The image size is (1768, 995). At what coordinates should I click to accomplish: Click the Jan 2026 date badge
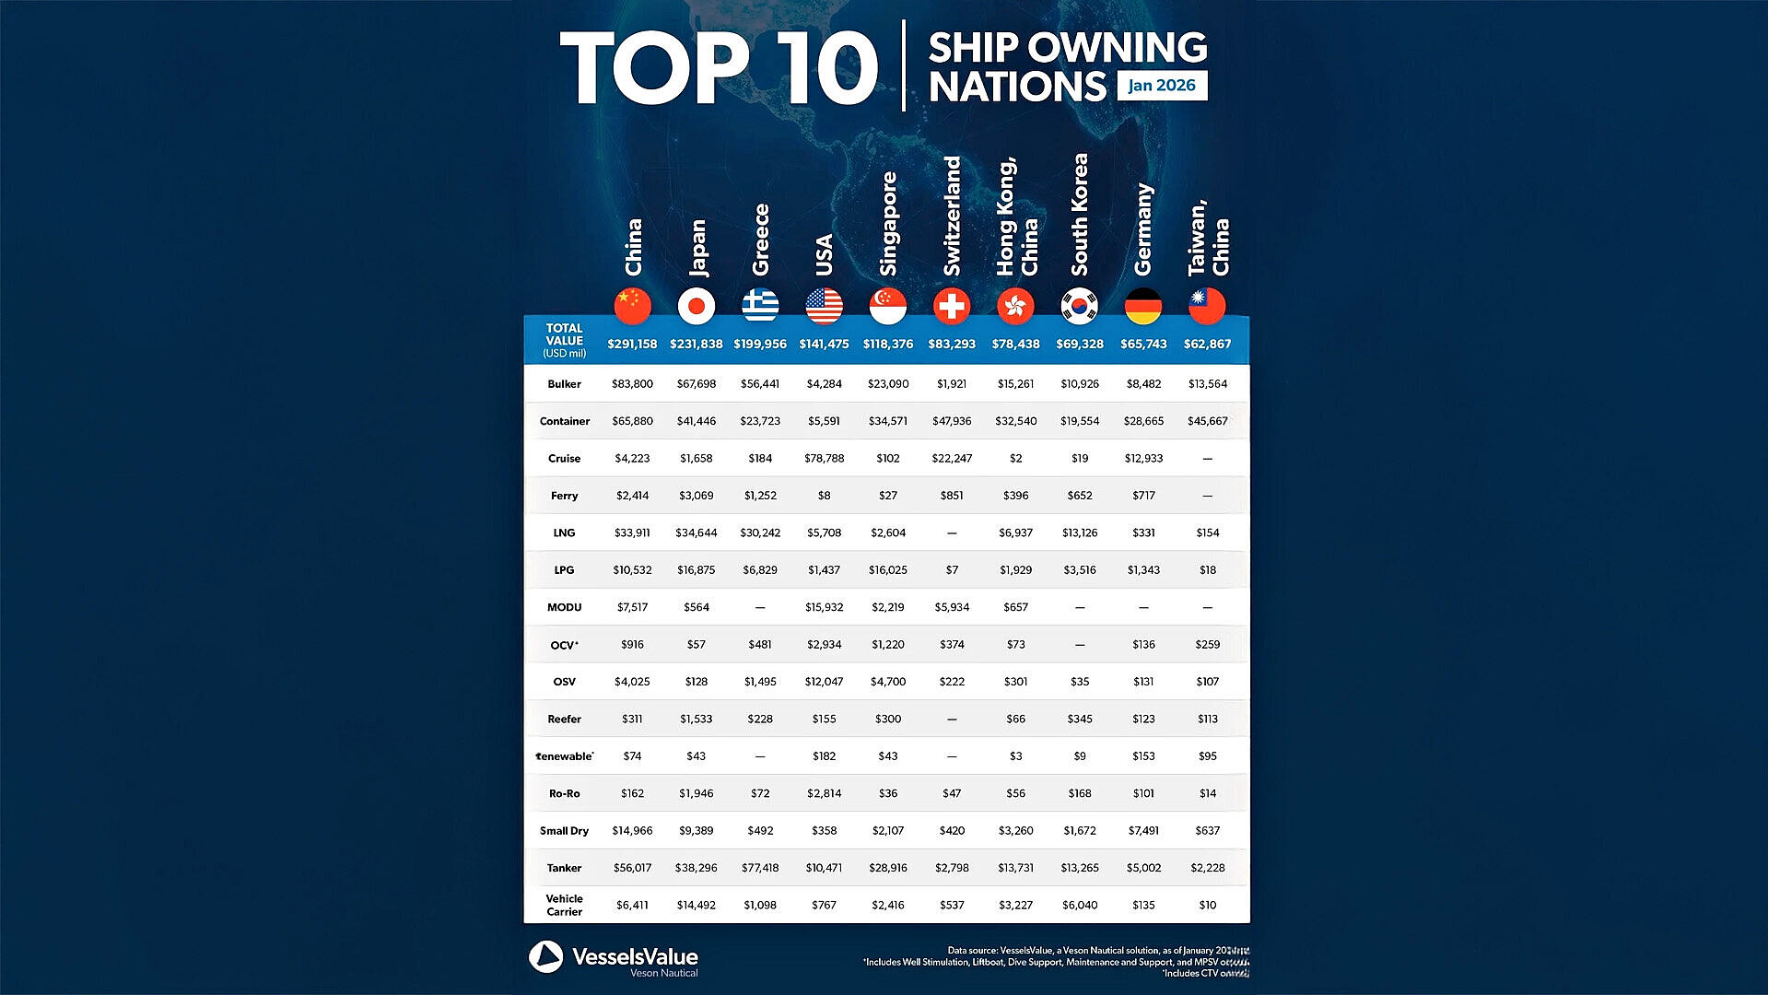coord(1161,86)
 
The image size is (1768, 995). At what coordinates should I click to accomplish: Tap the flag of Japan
coord(697,306)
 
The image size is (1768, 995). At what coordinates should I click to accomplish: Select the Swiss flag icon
coord(952,306)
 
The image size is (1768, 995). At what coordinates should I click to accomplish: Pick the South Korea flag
coord(1079,306)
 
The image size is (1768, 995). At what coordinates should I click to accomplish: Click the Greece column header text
coord(760,240)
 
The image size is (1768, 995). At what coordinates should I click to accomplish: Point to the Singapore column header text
coord(888,224)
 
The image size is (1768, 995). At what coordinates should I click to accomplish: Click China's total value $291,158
coord(632,344)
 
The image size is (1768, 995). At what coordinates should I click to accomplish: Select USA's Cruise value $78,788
coord(824,458)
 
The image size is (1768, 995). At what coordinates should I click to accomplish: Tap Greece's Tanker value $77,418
coord(760,868)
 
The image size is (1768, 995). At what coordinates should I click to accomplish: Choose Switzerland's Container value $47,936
coord(952,421)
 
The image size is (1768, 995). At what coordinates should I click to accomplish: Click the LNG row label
coord(564,533)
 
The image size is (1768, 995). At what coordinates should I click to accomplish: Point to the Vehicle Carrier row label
coord(564,905)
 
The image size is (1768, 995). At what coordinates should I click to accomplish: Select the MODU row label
coord(564,607)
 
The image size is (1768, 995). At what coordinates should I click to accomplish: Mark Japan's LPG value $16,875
coord(696,570)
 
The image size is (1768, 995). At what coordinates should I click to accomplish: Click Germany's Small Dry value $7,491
coord(1143,830)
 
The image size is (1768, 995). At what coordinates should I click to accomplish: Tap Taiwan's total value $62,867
coord(1207,344)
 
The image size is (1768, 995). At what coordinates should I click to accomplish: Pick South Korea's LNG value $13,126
coord(1079,533)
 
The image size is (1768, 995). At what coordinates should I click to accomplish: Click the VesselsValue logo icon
coord(545,957)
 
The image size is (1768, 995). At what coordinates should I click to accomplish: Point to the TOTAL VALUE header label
coord(564,340)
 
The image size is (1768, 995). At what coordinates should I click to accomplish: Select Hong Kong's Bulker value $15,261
coord(1015,384)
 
